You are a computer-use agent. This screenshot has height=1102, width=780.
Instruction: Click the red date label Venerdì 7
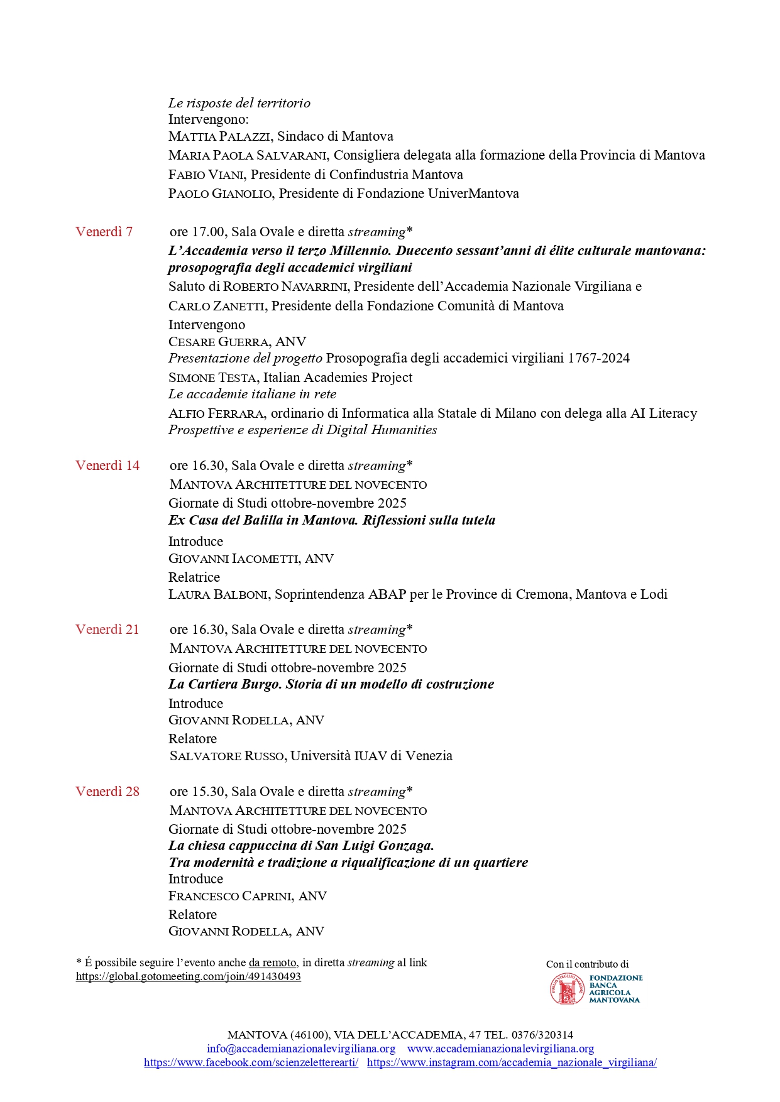pyautogui.click(x=104, y=232)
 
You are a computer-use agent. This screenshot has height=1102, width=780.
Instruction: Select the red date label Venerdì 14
pyautogui.click(x=107, y=466)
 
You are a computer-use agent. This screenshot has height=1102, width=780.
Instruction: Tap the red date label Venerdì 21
pyautogui.click(x=107, y=630)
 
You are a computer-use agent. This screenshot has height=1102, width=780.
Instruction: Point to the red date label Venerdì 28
pyautogui.click(x=107, y=792)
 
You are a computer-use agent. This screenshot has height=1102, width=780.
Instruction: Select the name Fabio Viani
pyautogui.click(x=206, y=175)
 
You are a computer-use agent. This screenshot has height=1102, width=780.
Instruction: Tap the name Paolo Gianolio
pyautogui.click(x=220, y=194)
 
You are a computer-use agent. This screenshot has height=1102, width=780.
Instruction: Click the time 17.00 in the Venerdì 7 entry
pyautogui.click(x=207, y=232)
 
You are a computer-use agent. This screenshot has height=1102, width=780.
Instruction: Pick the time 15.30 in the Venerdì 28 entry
pyautogui.click(x=207, y=792)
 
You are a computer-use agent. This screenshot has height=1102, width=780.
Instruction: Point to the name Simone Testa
pyautogui.click(x=212, y=378)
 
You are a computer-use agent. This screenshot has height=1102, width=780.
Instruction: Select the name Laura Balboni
pyautogui.click(x=218, y=594)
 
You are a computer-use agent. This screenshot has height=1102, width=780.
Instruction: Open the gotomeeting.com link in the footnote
pyautogui.click(x=188, y=976)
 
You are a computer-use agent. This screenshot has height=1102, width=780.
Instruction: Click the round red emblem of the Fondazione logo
pyautogui.click(x=567, y=989)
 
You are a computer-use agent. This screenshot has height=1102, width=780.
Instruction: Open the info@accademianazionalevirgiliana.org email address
pyautogui.click(x=301, y=1049)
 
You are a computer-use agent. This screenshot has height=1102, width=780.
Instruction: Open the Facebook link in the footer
pyautogui.click(x=251, y=1062)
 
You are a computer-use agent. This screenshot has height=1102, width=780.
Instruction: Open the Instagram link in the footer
pyautogui.click(x=512, y=1062)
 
